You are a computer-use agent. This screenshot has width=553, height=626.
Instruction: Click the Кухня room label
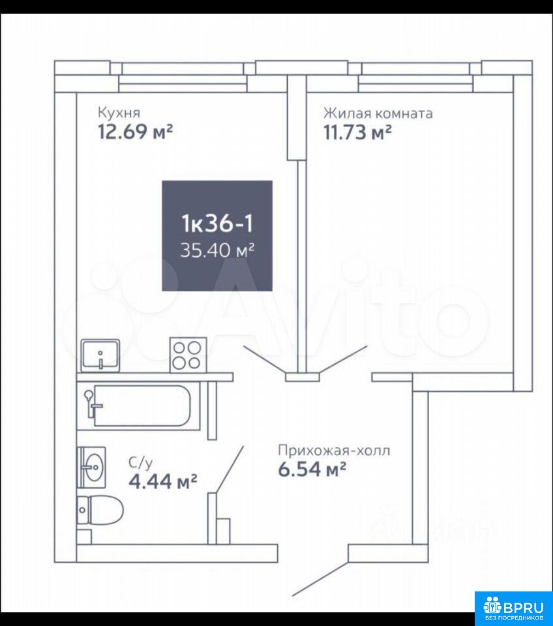point(119,113)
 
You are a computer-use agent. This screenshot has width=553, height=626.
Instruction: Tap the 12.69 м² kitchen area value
point(136,131)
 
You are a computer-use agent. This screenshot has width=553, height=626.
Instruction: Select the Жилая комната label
point(378,113)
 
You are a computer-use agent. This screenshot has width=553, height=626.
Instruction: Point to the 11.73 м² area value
point(357,132)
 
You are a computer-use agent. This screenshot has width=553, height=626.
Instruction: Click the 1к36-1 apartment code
point(217,223)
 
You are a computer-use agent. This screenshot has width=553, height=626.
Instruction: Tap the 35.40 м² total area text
point(217,250)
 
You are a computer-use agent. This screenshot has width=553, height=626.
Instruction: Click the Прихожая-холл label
point(334,451)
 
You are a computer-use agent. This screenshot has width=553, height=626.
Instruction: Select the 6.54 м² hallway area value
point(312,469)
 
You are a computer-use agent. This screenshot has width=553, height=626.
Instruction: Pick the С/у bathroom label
point(141,463)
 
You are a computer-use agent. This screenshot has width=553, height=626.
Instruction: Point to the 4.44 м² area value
point(163,481)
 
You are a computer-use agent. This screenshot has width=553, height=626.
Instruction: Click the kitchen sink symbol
point(100,355)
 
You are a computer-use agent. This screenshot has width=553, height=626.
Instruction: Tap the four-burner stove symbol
point(188,355)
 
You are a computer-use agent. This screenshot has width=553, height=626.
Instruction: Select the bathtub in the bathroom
point(138,406)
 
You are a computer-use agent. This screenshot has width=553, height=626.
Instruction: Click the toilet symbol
point(100,510)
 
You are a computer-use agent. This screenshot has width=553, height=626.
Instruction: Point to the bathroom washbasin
point(91,467)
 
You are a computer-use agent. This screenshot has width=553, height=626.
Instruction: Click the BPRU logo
point(513,608)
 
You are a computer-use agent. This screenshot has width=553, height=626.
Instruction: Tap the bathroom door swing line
point(230,470)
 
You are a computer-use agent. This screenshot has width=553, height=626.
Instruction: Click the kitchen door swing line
point(265,361)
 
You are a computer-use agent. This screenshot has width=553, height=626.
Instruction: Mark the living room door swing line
point(343,360)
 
